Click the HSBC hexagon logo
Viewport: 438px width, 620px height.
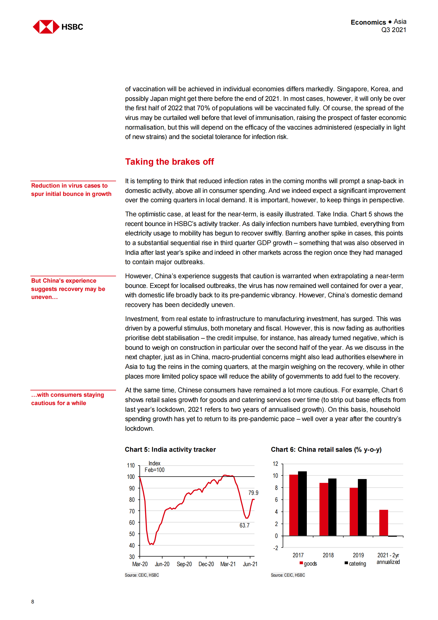[x=46, y=27]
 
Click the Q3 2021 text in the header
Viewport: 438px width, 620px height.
[x=393, y=30]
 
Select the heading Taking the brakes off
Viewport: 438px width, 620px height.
[x=169, y=162]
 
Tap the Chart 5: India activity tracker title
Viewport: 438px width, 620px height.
[x=170, y=450]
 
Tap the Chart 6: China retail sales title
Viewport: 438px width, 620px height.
[x=326, y=450]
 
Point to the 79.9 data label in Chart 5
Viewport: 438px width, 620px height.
[x=253, y=493]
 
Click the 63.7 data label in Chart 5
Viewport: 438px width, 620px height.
[x=244, y=525]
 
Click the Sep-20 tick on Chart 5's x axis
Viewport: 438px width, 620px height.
[x=184, y=564]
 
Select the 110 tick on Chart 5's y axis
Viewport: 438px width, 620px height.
[x=131, y=465]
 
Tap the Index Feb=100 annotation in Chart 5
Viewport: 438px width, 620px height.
[x=154, y=466]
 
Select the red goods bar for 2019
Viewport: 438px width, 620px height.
[x=353, y=512]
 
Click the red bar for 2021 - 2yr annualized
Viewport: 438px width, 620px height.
[x=383, y=523]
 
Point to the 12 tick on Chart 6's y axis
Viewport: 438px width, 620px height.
[x=275, y=464]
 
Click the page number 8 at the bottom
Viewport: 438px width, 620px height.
[x=33, y=601]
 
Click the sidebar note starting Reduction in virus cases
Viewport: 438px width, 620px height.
[x=71, y=190]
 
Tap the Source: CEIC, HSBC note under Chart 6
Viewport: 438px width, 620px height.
[x=287, y=575]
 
